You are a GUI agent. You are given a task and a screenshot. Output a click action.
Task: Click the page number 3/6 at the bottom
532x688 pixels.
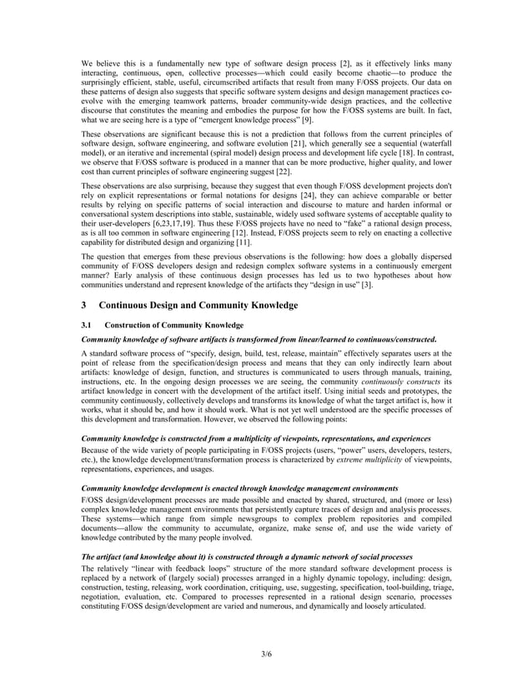[x=265, y=653]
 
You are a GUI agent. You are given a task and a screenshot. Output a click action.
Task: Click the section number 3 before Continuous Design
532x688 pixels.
[x=83, y=305]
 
